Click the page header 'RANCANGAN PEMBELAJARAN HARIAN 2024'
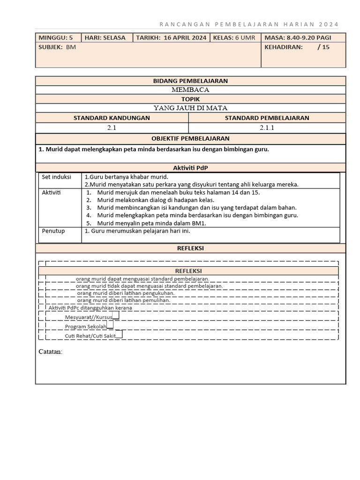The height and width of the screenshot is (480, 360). coord(248,24)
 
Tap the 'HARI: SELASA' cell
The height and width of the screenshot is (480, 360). coord(105,38)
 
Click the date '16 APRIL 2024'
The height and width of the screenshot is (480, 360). coord(185,38)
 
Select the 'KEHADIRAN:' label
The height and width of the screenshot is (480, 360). coord(284,47)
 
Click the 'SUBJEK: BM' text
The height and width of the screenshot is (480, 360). coord(57,47)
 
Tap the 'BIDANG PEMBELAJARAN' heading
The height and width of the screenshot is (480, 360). coord(190,81)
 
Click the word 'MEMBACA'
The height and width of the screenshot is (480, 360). coord(190,90)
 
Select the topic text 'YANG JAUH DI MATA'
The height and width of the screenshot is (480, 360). coord(190,108)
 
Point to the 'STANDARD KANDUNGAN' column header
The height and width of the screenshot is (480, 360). coord(112,118)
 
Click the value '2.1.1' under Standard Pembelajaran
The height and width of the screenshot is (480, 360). coord(267,127)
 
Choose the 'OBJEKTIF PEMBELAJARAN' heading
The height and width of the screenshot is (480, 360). coord(190,139)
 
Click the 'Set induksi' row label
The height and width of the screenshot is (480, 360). coord(56,177)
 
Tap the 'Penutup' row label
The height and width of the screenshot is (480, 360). coord(53,231)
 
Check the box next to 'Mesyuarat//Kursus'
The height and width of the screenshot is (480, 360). coord(116,315)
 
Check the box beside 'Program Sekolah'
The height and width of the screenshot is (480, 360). coord(110,324)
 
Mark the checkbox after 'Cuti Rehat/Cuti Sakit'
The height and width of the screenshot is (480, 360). coord(119,334)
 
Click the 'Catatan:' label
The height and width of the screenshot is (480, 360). coord(50,352)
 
